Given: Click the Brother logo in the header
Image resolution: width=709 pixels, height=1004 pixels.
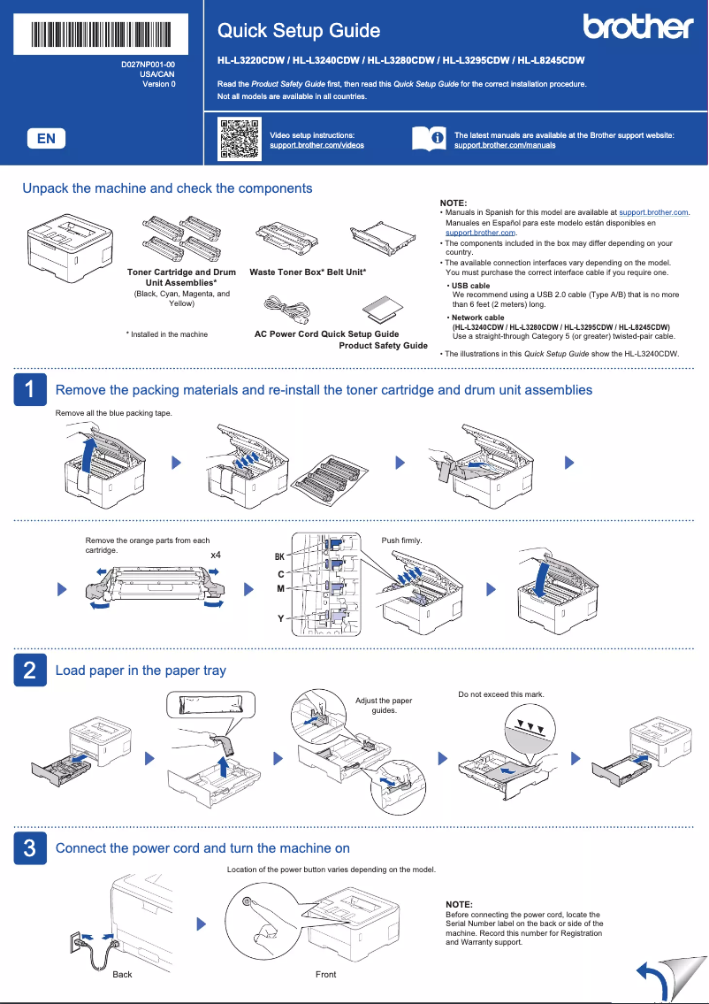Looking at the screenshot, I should click(x=637, y=27).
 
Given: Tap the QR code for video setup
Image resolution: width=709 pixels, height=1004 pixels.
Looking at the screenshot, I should click(x=239, y=138).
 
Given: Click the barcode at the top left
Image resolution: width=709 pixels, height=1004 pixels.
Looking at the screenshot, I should click(x=102, y=34).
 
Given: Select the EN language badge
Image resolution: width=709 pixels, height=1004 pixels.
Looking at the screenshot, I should click(x=46, y=138).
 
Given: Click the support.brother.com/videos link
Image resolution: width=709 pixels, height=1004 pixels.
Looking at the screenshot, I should click(x=316, y=144).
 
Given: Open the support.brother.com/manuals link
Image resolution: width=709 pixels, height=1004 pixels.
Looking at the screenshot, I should click(x=505, y=144).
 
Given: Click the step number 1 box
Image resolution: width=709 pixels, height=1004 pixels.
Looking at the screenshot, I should click(x=29, y=390).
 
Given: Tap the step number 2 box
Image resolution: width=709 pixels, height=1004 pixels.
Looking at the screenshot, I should click(x=29, y=671).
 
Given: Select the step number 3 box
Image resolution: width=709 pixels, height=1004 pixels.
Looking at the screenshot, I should click(x=29, y=848).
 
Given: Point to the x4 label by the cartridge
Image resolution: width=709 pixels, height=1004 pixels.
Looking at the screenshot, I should click(x=215, y=555).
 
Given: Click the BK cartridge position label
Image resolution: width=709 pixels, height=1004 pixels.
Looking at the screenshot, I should click(x=279, y=557).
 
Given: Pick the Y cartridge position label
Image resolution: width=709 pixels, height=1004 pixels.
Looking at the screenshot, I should click(x=280, y=618).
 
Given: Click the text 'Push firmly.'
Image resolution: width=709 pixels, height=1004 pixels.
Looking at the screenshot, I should click(x=401, y=540).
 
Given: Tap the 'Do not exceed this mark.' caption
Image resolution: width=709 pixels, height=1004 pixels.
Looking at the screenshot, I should click(x=500, y=694).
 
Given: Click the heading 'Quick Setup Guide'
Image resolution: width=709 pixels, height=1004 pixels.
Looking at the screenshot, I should click(x=299, y=31).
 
